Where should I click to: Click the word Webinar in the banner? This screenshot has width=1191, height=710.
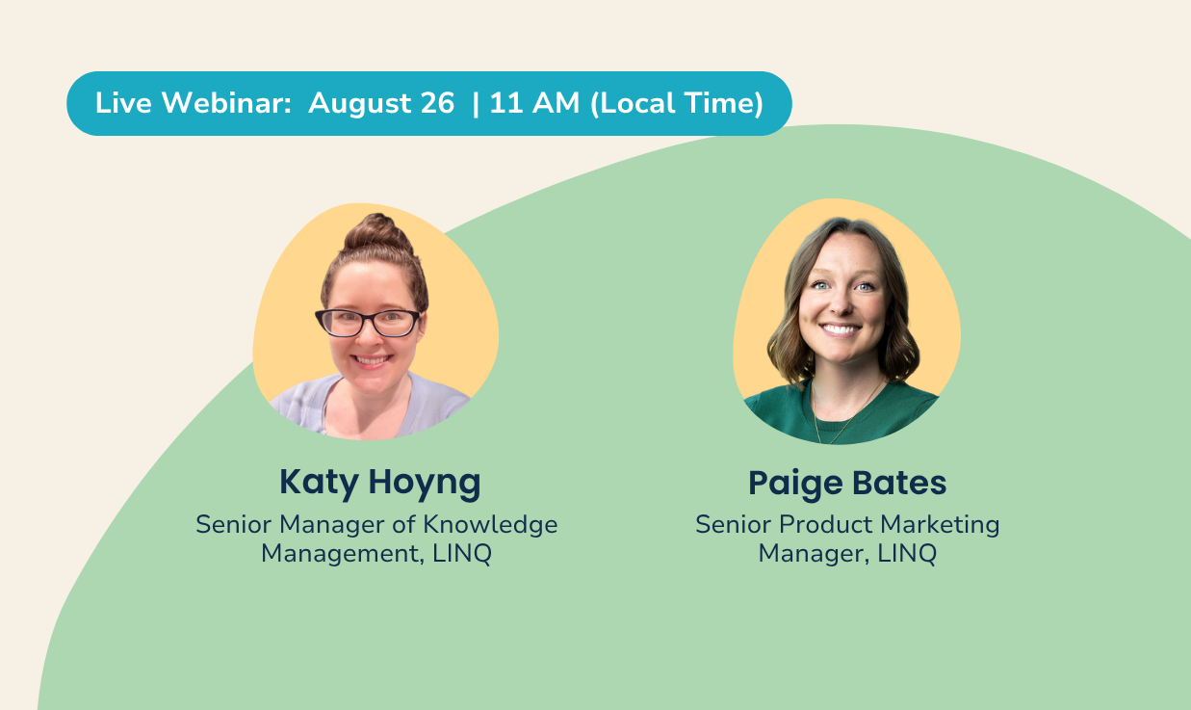[226, 103]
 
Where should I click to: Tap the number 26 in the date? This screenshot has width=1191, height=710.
[437, 103]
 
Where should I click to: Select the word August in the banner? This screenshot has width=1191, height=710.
[360, 104]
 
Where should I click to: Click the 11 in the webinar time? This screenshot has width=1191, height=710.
[505, 103]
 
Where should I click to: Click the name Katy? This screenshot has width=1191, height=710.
[319, 484]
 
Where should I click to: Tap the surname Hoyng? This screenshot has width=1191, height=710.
[425, 484]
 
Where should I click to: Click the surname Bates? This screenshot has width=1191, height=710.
[899, 483]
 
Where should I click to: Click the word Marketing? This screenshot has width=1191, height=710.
[940, 525]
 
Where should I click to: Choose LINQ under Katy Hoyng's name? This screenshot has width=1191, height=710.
[462, 554]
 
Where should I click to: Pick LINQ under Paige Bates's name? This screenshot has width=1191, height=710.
[907, 554]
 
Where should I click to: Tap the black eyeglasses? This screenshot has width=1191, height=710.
[368, 323]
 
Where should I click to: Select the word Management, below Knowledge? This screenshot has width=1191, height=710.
[343, 555]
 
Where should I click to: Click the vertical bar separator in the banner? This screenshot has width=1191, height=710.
[476, 104]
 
